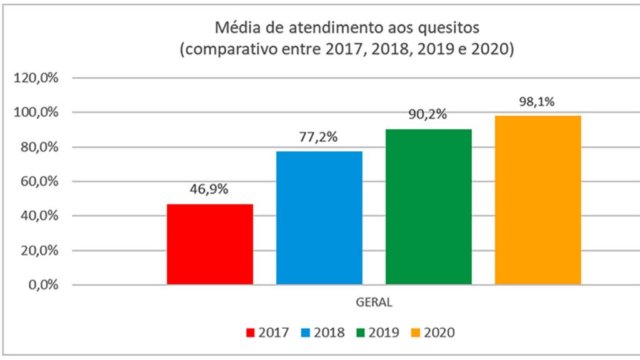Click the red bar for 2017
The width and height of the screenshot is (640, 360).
pos(210,244)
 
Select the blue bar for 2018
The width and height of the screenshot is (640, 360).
pos(319,218)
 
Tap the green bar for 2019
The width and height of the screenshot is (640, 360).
pos(429,207)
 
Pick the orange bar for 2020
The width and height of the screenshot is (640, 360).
pos(538,200)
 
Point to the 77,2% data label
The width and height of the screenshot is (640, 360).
pos(319,137)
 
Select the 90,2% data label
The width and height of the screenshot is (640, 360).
pos(429,115)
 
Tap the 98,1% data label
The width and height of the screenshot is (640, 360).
pos(538,101)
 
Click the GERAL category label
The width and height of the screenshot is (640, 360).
pos(374,303)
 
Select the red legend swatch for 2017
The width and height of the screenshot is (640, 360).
pos(251,332)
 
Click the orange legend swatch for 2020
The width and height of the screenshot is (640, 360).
pos(416,332)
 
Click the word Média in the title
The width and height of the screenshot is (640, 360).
pos(236,28)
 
